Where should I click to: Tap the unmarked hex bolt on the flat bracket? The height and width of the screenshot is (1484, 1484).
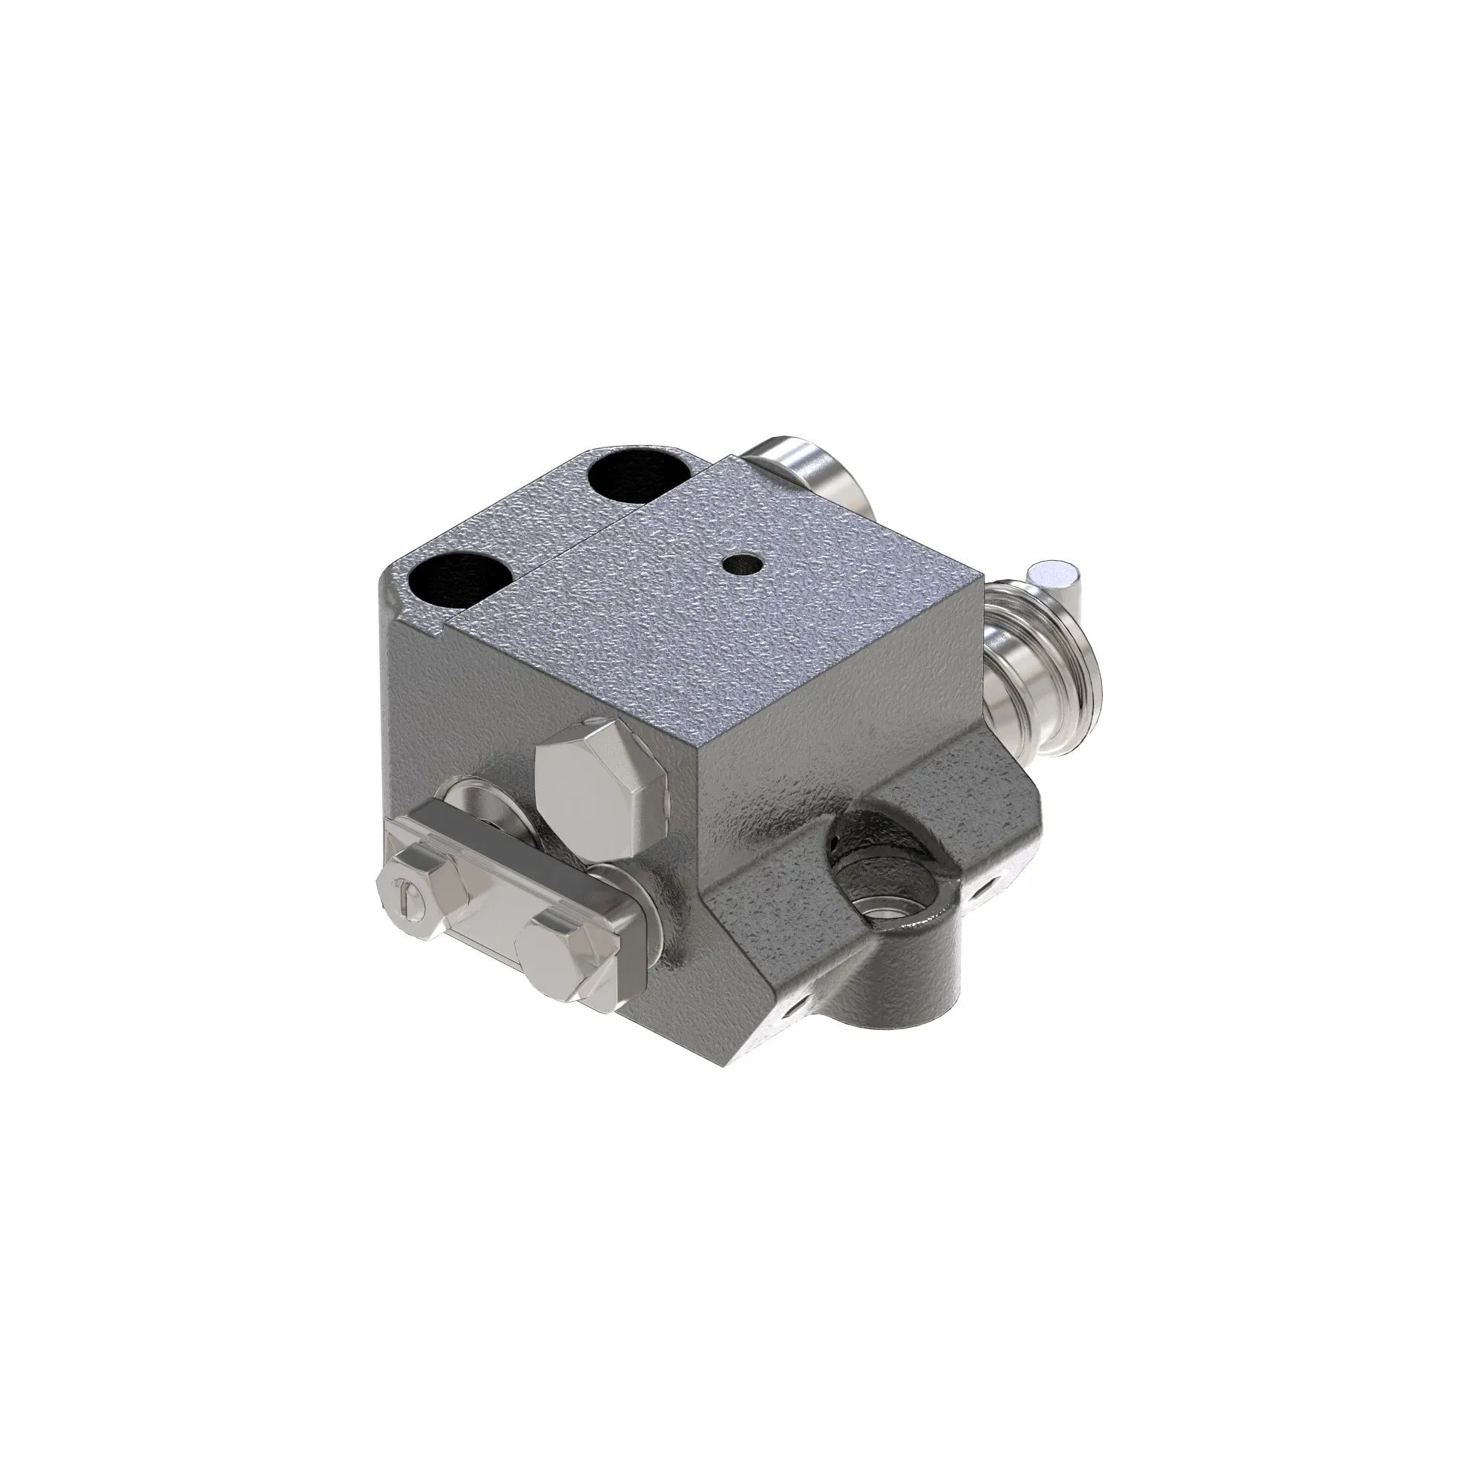[x=567, y=959]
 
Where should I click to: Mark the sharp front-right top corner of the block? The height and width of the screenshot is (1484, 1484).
[x=982, y=574]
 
